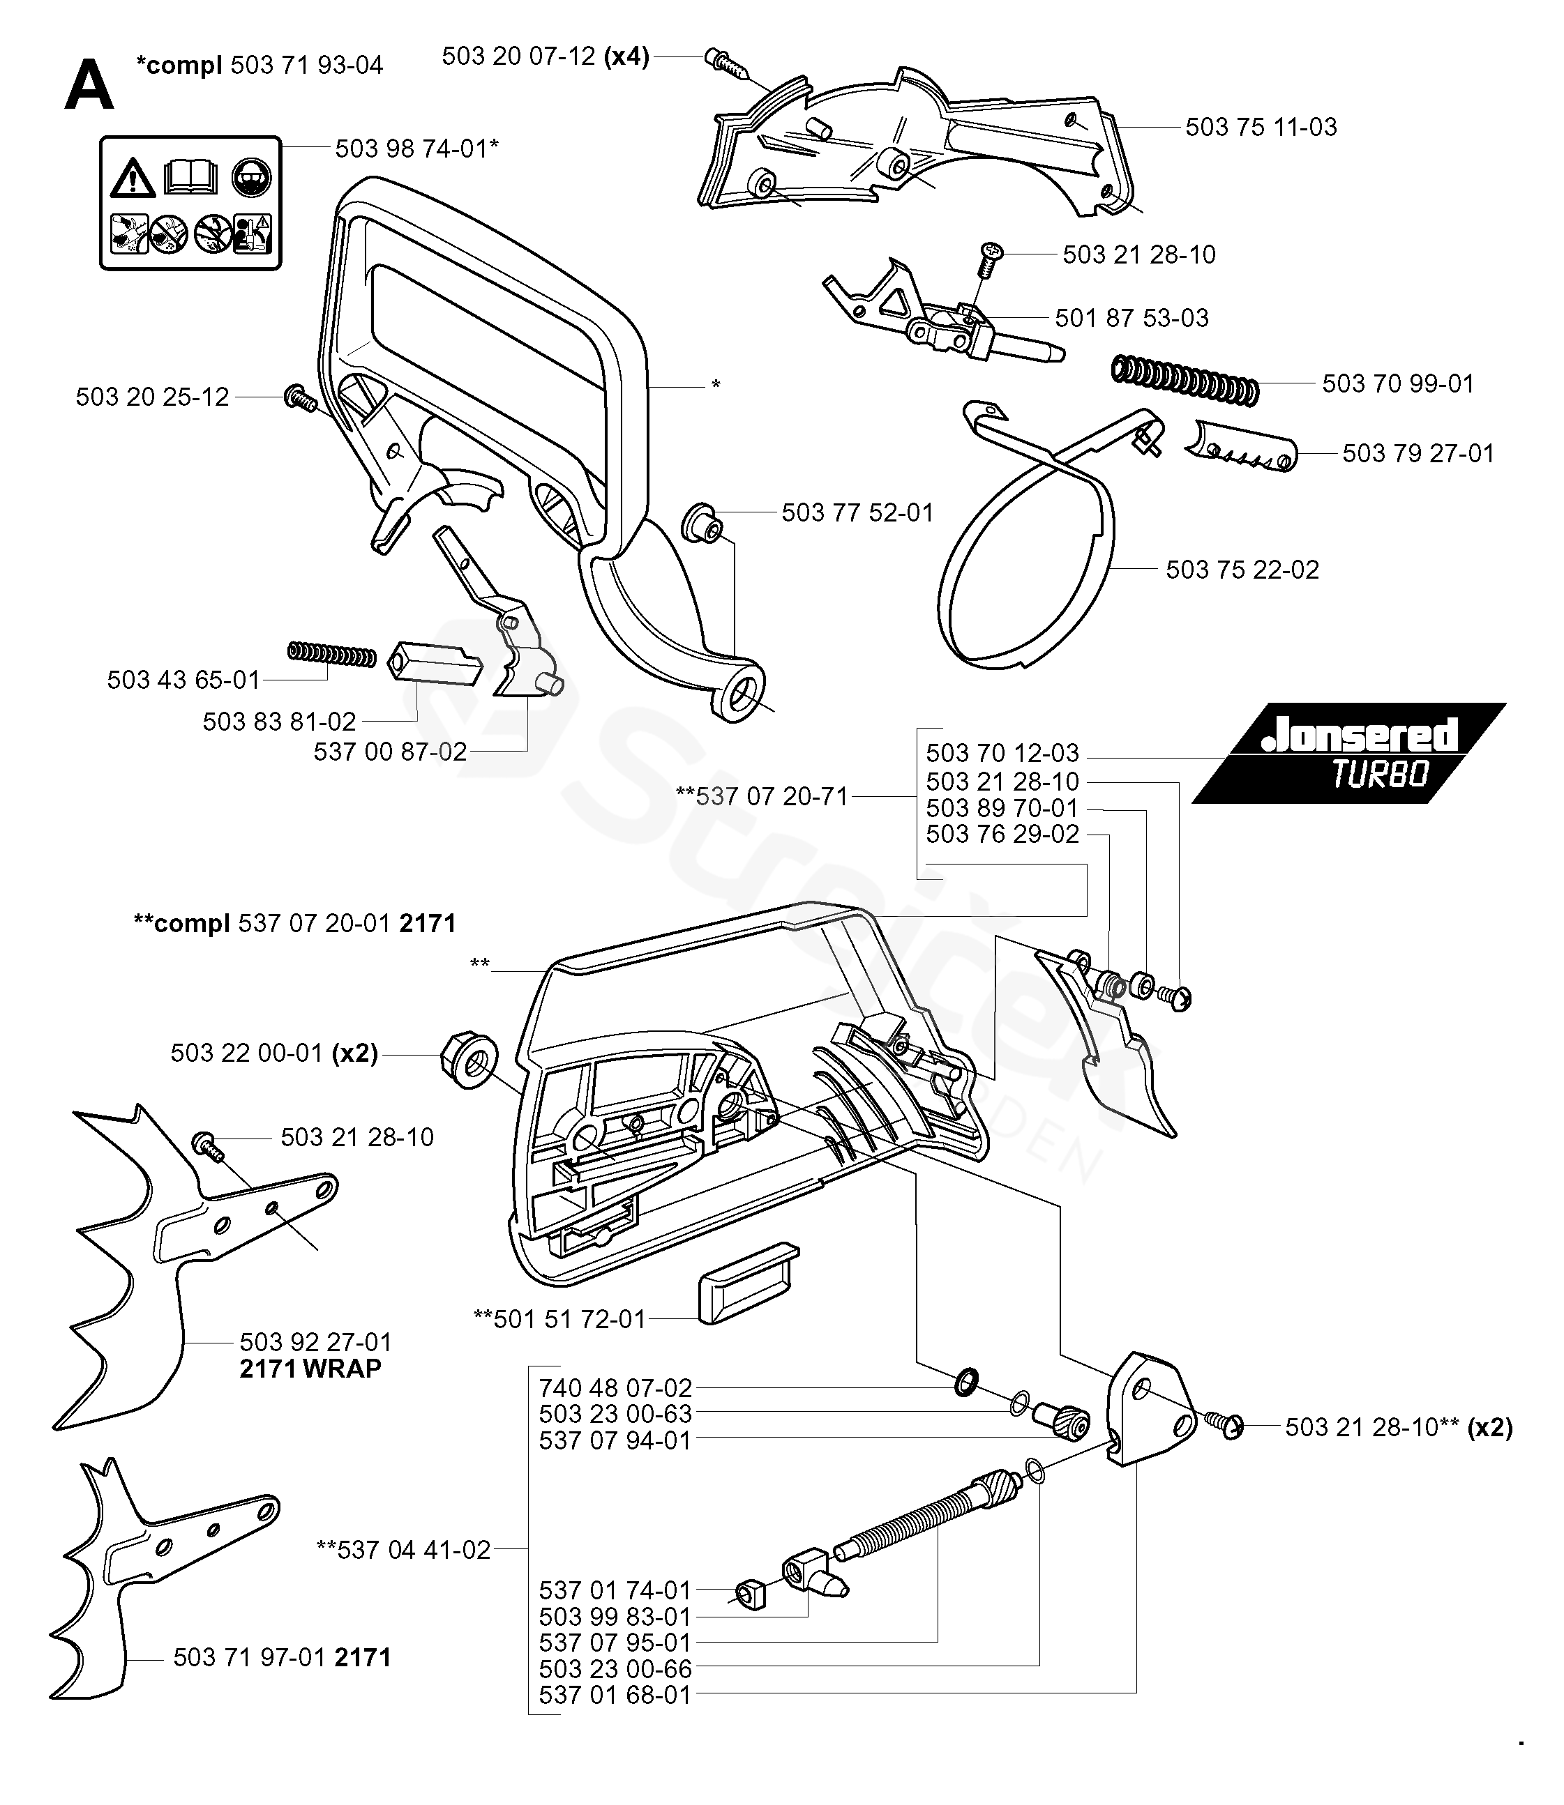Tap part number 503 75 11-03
(x=1261, y=128)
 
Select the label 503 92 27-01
(x=315, y=1342)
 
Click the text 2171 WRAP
(x=310, y=1369)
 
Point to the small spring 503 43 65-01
(x=331, y=653)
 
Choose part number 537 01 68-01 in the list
(x=615, y=1695)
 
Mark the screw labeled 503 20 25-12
(x=299, y=399)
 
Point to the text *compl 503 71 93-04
(x=260, y=66)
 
